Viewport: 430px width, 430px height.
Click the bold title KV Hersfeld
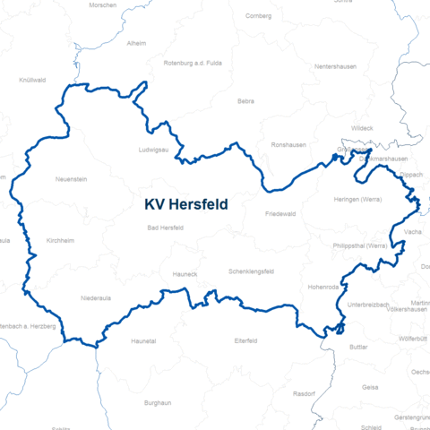click(x=186, y=204)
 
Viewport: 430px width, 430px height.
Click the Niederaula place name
click(x=96, y=297)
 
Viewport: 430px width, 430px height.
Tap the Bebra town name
click(x=245, y=101)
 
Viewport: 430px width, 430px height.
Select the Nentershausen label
click(x=335, y=67)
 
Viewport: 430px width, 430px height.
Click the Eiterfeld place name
click(x=245, y=341)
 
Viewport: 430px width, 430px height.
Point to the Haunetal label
click(x=143, y=341)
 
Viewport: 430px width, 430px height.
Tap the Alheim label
click(x=137, y=42)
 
